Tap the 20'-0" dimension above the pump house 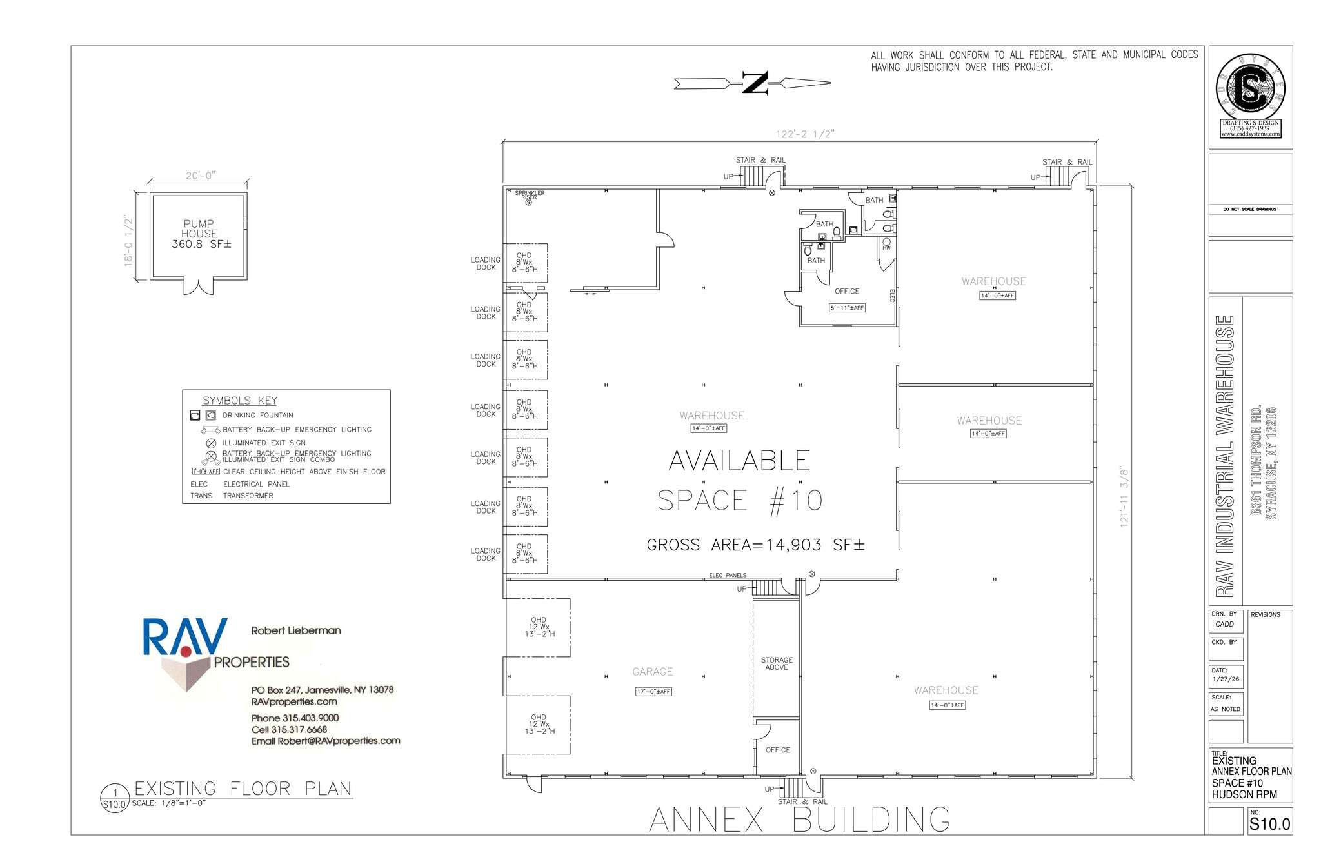(200, 176)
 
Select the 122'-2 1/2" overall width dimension (805, 134)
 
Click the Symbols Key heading (239, 401)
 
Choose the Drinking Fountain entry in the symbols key (257, 415)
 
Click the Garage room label (652, 672)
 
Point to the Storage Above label (777, 663)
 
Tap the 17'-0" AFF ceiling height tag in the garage (654, 692)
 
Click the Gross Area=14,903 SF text (755, 545)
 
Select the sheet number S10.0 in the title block (1269, 824)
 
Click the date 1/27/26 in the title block (1225, 679)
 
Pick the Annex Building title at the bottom (799, 820)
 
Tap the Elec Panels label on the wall (728, 575)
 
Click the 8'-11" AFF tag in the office (847, 308)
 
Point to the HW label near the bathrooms (886, 248)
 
